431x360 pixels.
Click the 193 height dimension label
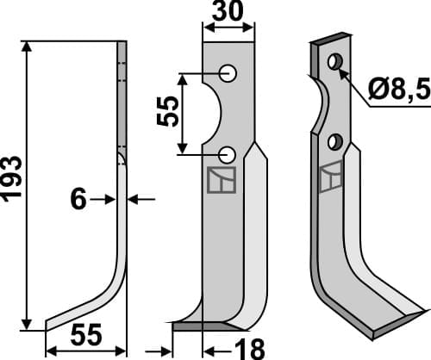pyautogui.click(x=13, y=179)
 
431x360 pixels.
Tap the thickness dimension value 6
pyautogui.click(x=78, y=200)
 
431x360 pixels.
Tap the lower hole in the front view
pyautogui.click(x=228, y=154)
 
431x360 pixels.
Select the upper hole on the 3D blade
pyautogui.click(x=334, y=61)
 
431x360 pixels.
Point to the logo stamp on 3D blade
pyautogui.click(x=328, y=179)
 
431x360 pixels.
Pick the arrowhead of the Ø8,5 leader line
pyautogui.click(x=342, y=71)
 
